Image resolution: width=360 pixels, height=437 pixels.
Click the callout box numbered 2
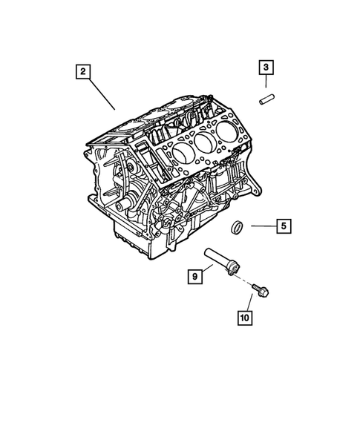(x=83, y=73)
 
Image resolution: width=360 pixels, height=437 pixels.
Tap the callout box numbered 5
(x=283, y=226)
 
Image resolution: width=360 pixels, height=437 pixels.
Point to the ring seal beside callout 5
(x=239, y=226)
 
